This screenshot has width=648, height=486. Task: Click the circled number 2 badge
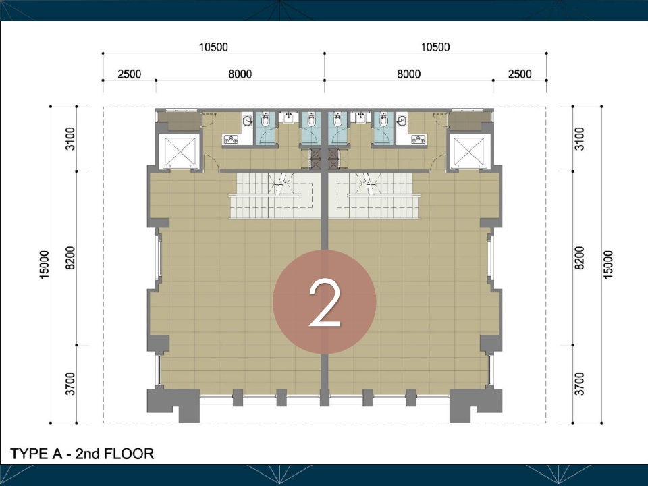click(325, 302)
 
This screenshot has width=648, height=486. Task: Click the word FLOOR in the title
click(129, 454)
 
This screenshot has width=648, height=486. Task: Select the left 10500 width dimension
click(213, 47)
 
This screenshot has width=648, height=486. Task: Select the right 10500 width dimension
click(435, 47)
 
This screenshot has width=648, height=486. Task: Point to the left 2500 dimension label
click(130, 74)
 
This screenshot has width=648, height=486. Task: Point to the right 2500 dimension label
click(520, 74)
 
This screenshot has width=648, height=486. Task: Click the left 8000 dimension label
click(240, 74)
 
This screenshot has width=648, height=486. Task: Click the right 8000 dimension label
click(409, 74)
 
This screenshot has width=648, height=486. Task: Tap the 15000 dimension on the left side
click(45, 265)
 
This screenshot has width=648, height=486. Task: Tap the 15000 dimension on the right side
click(608, 265)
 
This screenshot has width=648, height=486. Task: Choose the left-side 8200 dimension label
click(70, 258)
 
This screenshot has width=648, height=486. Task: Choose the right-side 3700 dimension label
click(580, 383)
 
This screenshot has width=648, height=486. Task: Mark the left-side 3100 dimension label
click(70, 139)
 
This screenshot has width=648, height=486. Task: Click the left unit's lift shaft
click(180, 152)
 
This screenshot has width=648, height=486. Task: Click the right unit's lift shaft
click(468, 152)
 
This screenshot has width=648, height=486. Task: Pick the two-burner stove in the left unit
click(231, 140)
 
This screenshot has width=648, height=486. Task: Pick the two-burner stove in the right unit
click(418, 140)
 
